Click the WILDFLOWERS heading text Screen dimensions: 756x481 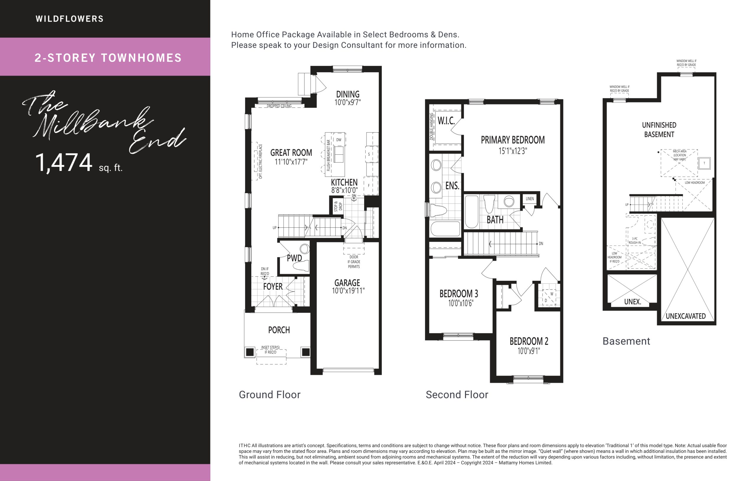tap(69, 19)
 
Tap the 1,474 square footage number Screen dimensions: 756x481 tap(64, 163)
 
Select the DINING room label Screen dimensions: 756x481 tap(348, 94)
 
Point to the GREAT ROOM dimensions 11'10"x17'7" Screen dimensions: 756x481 tap(291, 162)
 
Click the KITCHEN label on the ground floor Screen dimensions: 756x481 tap(344, 182)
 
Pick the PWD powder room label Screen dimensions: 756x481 tap(294, 258)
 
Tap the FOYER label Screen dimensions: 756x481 tap(273, 286)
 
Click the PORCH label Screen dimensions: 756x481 tap(279, 330)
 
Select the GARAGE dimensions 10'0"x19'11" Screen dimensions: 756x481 tap(348, 291)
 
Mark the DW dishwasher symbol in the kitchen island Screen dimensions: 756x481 tap(339, 140)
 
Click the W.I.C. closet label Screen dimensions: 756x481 tap(446, 120)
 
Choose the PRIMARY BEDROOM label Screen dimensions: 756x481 tap(513, 140)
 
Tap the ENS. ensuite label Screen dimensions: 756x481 tap(452, 185)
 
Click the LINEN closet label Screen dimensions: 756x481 tap(529, 199)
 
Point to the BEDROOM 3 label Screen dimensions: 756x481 tap(459, 294)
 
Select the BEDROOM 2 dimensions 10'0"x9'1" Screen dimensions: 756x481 tap(529, 351)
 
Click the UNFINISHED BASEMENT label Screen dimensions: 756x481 tap(659, 130)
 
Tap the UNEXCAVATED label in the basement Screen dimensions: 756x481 tap(686, 316)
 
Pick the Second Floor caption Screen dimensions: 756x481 tap(457, 395)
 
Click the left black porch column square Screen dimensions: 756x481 tap(250, 352)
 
